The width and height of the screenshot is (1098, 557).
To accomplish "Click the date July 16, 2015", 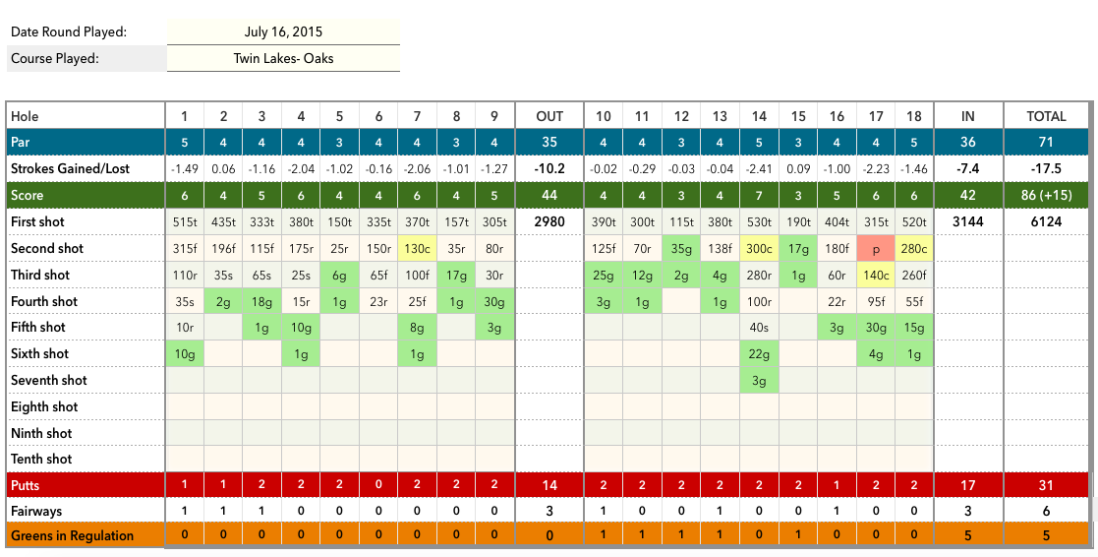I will point(283,32).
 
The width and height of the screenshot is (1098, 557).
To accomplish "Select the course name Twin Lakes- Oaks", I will point(283,58).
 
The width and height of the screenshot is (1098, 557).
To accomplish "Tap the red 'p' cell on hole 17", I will point(876,249).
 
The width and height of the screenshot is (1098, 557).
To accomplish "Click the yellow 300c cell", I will point(759,249).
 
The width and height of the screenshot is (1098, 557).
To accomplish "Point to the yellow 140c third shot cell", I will point(876,275).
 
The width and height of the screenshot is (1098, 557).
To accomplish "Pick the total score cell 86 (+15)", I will point(1046,196).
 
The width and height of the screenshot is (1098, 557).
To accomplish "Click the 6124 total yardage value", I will point(1046,222).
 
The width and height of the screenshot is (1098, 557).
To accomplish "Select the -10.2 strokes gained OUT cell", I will point(549,169).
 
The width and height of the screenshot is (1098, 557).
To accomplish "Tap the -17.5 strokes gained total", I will point(1046,169).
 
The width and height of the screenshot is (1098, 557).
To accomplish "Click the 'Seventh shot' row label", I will point(49,380).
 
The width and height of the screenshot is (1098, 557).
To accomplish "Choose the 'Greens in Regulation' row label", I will point(72,535).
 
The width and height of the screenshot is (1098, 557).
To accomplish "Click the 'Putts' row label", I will point(26,485).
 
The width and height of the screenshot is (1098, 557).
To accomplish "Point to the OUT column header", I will point(549,116).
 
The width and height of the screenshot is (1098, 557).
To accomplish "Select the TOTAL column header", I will point(1046,116).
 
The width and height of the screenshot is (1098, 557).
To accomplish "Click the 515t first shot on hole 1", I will point(184,222).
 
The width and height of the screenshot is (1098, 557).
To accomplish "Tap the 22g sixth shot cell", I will point(759,353).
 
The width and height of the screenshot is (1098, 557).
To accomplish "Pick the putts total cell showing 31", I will point(1046,485).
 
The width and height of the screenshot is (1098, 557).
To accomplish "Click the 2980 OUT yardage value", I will point(549,222).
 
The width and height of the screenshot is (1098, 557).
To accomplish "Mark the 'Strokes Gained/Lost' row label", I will point(71,169).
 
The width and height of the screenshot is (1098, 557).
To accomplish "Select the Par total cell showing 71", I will point(1046,143).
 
